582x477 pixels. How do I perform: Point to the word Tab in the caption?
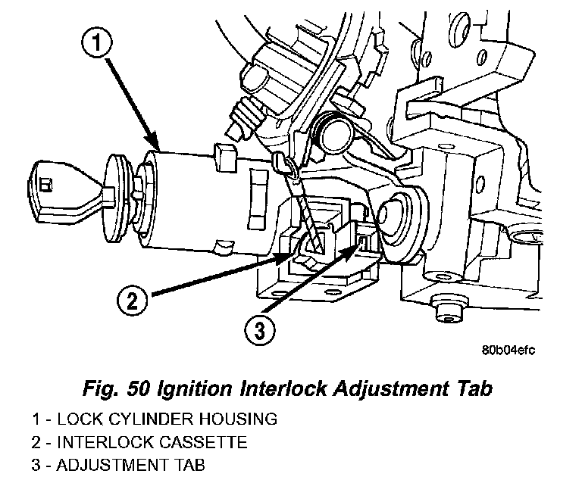click(474, 389)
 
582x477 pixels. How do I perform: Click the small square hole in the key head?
click(47, 183)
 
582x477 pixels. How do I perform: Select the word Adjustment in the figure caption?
click(398, 389)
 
